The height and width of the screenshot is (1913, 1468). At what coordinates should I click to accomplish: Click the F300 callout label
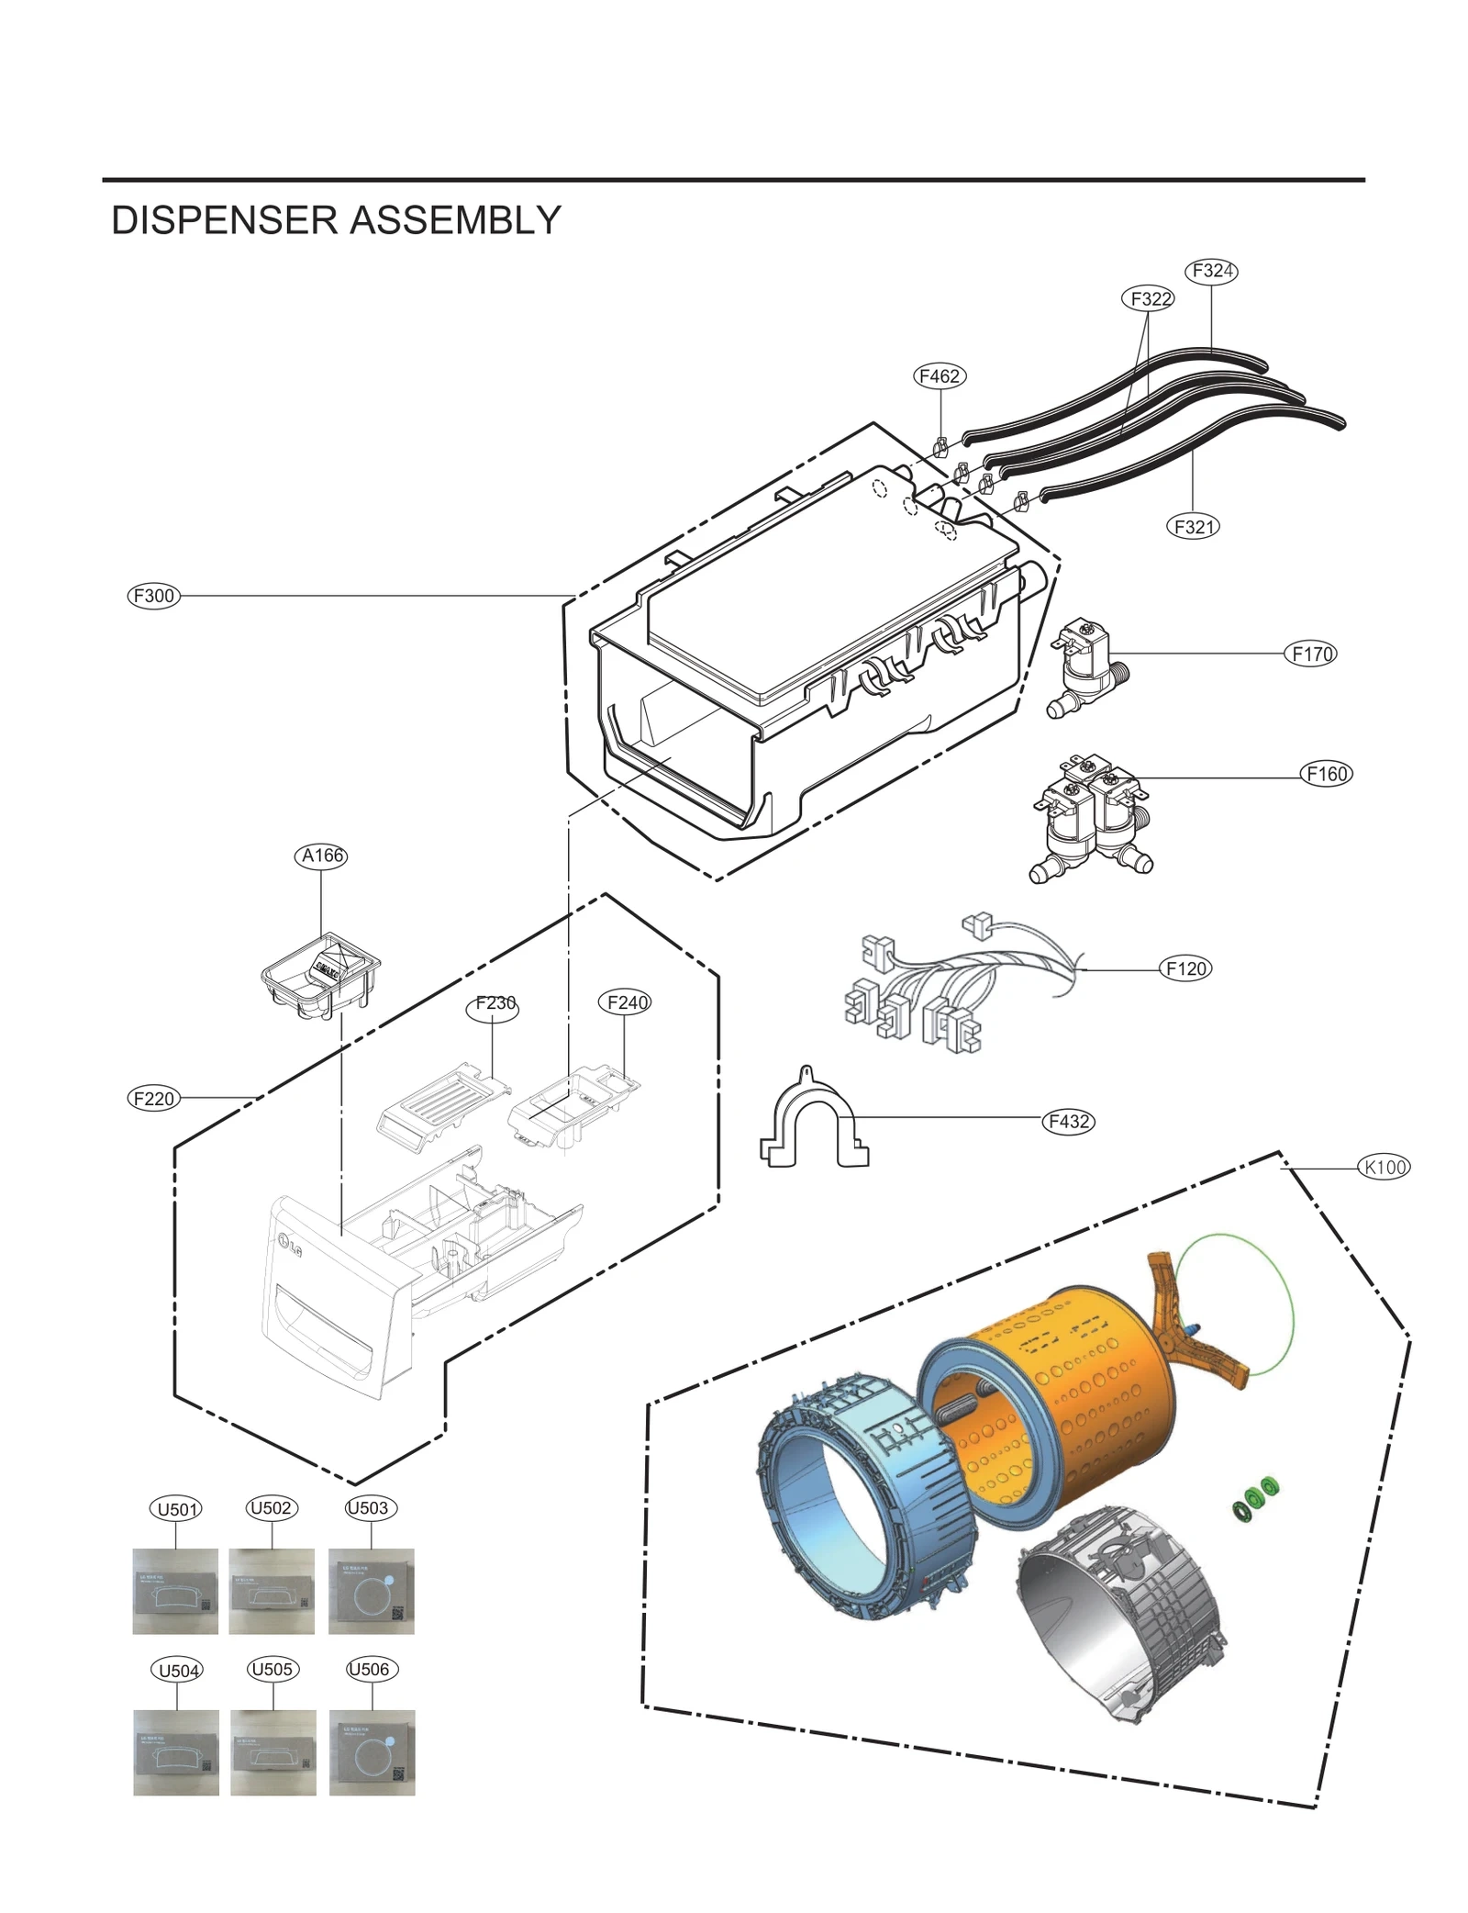(153, 596)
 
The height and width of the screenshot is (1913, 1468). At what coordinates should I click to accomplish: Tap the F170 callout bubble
(1311, 654)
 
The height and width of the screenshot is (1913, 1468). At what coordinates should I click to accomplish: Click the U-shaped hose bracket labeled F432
(813, 1120)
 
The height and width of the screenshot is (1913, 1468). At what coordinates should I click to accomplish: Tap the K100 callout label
(1384, 1167)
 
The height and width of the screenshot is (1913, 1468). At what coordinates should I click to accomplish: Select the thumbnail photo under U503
(371, 1591)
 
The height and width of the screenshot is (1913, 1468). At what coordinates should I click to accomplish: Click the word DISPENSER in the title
(225, 220)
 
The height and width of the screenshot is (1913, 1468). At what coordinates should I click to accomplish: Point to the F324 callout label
(1211, 271)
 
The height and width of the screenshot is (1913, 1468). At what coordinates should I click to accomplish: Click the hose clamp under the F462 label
(940, 448)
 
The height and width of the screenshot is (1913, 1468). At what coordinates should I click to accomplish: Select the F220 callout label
(153, 1098)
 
